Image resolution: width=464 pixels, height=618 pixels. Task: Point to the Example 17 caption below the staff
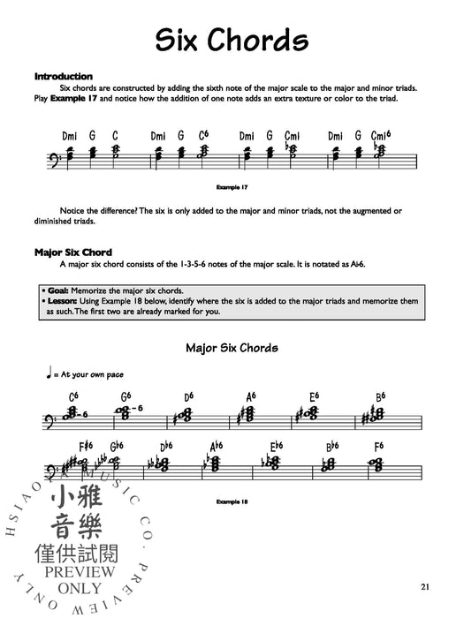(232, 187)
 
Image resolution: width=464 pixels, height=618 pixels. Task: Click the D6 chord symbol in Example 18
(189, 396)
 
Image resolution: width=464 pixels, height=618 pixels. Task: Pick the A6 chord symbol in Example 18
(252, 396)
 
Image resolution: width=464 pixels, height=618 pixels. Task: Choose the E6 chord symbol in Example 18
(315, 396)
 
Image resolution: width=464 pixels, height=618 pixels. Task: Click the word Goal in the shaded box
(60, 290)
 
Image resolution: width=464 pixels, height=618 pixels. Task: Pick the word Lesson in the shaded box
(65, 301)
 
